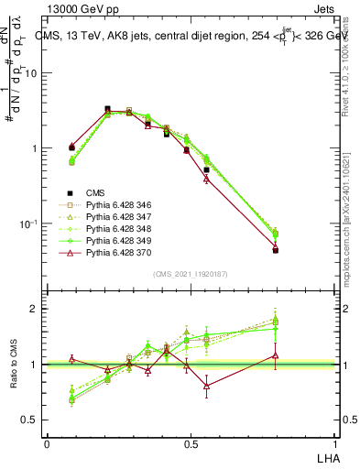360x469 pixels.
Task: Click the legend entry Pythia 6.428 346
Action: point(115,204)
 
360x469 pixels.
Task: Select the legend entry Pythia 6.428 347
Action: point(115,216)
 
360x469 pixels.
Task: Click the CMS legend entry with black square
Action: point(96,192)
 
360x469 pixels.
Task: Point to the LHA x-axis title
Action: point(326,457)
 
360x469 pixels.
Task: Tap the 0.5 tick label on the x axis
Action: point(191,443)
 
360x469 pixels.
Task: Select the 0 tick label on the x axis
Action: point(47,443)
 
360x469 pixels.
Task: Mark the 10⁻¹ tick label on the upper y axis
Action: point(30,224)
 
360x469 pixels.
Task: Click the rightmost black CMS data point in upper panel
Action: point(276,249)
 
